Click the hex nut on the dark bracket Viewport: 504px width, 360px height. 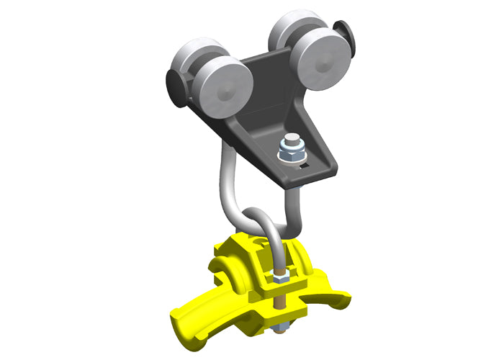click(x=291, y=154)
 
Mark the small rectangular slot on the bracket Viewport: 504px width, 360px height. click(x=305, y=167)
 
